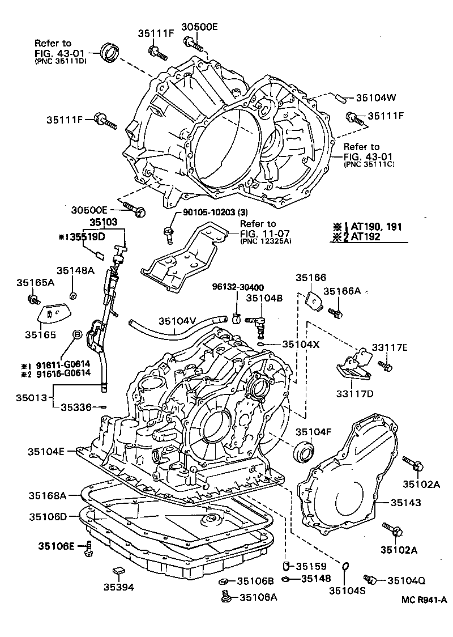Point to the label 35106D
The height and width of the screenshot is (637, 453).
(48, 516)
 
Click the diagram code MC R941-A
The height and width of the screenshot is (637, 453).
(425, 600)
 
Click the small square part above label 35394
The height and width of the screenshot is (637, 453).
(118, 570)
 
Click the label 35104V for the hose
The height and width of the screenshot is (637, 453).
(177, 321)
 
